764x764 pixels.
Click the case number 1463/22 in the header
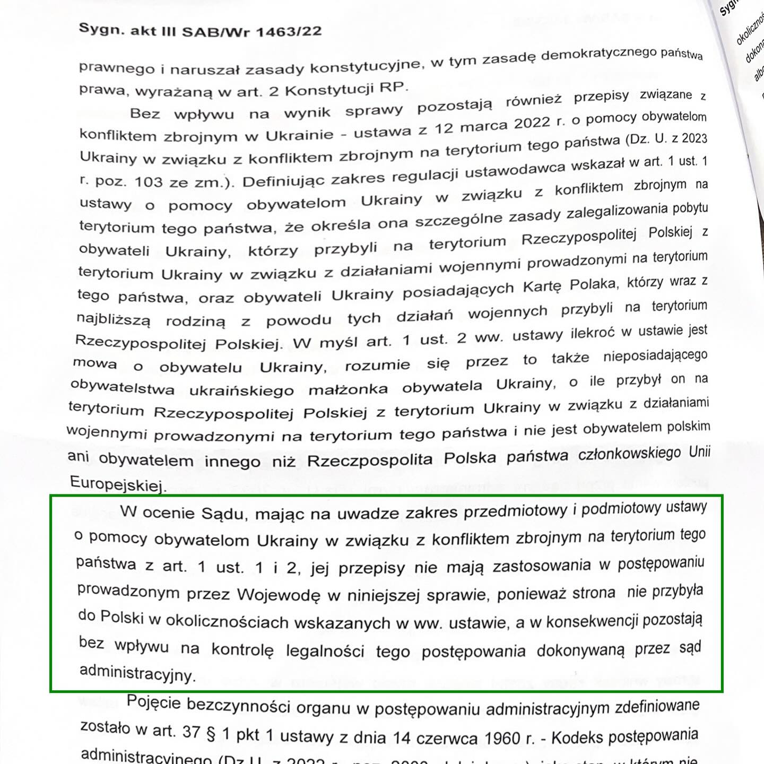tap(289, 31)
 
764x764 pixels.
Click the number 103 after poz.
tap(149, 182)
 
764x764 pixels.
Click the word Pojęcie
tap(154, 703)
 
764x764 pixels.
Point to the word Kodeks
tap(576, 737)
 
